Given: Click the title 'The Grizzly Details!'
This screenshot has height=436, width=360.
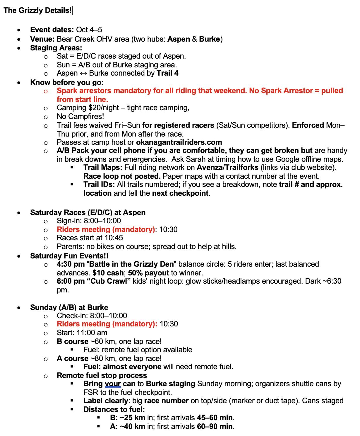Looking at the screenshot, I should (37, 11).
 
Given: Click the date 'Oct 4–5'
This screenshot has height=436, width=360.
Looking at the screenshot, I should (89, 30).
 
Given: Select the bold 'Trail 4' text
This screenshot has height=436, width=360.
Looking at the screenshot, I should (167, 73).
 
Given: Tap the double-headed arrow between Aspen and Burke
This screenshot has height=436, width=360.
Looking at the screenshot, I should (83, 73).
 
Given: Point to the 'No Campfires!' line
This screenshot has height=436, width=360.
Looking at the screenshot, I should (80, 116).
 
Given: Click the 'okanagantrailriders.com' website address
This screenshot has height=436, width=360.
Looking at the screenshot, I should (179, 142).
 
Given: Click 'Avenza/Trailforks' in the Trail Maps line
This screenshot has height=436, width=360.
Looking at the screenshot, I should (227, 168).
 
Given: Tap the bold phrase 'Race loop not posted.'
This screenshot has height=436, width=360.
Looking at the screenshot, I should (122, 176).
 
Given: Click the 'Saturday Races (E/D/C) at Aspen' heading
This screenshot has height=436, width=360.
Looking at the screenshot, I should (88, 212).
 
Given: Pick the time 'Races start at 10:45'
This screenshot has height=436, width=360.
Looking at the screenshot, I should (90, 238).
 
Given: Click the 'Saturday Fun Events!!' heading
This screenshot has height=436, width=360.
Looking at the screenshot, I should (69, 256).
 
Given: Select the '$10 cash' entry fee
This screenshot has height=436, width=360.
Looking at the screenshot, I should (108, 273).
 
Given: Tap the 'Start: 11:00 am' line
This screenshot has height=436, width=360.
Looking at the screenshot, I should (82, 333).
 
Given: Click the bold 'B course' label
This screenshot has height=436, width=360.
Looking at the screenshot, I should (73, 341).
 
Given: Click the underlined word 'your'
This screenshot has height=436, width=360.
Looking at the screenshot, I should (113, 384).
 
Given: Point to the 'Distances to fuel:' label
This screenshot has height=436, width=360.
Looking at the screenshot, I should (114, 409).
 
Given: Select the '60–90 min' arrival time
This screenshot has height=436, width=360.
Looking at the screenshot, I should (215, 426).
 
